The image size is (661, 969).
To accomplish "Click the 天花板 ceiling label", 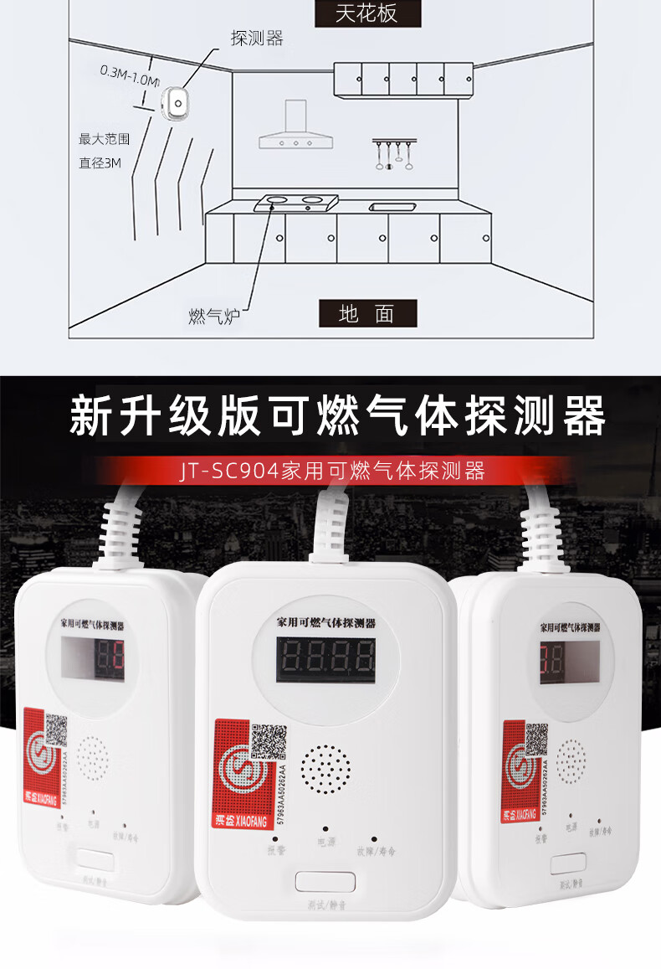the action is point(366,14).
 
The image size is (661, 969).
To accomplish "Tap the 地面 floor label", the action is point(366,314).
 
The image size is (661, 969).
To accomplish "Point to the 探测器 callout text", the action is point(257,39).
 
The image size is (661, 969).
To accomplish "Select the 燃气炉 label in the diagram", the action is point(214,316).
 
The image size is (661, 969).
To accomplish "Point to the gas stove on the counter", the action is point(294,201).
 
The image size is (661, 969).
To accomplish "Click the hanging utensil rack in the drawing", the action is point(393,153).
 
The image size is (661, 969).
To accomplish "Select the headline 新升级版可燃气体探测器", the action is point(336,416).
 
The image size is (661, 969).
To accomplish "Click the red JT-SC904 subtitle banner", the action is point(331,471).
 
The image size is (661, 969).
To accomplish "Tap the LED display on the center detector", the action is point(325,661).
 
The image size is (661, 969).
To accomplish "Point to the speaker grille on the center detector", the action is point(325,769).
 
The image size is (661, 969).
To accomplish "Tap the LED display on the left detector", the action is point(93,658).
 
